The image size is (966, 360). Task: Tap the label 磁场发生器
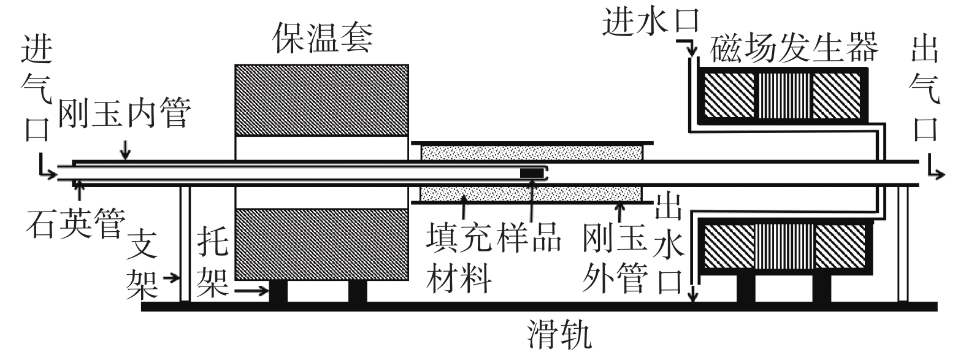pyautogui.click(x=795, y=48)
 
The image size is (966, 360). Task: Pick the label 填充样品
pyautogui.click(x=494, y=236)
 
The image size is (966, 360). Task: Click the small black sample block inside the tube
pyautogui.click(x=532, y=173)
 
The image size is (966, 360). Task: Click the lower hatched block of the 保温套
pyautogui.click(x=321, y=244)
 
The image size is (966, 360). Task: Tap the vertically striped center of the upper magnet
pyautogui.click(x=784, y=96)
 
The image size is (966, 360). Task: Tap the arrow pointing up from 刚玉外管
pyautogui.click(x=621, y=212)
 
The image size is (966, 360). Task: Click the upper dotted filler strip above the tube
pyautogui.click(x=530, y=151)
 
